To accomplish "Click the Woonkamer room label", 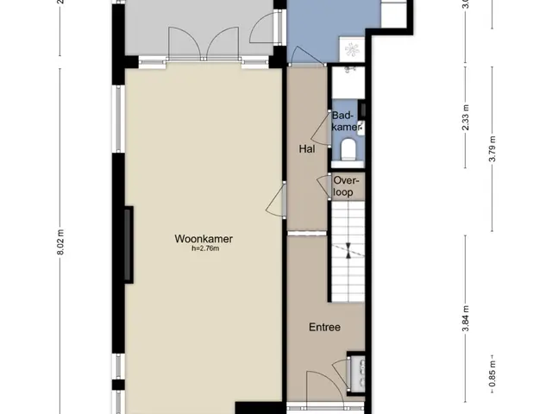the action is coord(204,239).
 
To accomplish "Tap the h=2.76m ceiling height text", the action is coord(205,248).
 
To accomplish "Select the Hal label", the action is coord(307,149).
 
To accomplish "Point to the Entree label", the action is coord(324,328).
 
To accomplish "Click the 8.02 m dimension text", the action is coord(60,242).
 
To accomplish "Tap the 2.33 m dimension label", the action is coord(466,117).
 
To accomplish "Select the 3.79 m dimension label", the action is coord(492,149).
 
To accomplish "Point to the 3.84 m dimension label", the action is coord(466,318).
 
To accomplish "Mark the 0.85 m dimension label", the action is coord(492,373).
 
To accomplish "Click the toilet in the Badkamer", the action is coord(348,149).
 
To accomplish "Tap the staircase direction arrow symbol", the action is coord(348,251).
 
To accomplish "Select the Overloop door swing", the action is coord(324,186).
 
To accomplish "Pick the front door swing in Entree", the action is coord(324,387).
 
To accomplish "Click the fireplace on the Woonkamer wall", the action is coord(129,245).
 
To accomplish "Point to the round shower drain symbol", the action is coord(352,49).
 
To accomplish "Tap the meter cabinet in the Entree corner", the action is coord(356,373).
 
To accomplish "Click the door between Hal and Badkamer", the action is coord(321,129).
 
